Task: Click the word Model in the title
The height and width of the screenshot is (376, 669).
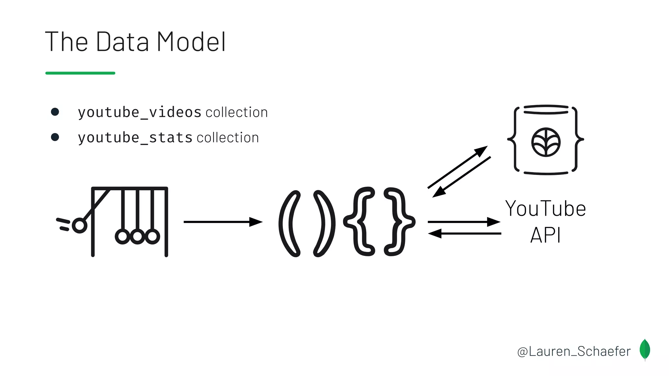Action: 191,42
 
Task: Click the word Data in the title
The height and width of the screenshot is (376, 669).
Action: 122,42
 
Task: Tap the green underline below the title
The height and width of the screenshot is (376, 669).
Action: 80,73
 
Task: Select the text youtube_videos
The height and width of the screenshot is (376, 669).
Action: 139,113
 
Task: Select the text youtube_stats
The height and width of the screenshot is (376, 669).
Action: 135,138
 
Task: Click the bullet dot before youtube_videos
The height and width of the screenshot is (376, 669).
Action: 55,112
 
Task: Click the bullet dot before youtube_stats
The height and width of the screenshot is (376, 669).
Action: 55,137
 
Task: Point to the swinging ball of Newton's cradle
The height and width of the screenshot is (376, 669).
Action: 79,226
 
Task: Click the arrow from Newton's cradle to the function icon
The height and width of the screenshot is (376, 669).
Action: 223,222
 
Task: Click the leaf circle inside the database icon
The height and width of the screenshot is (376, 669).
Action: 546,142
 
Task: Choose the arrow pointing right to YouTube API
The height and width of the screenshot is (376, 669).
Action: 464,222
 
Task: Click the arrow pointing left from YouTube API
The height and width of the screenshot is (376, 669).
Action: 464,233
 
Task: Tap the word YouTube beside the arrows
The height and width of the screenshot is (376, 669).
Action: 546,209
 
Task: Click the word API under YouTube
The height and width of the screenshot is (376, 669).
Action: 546,235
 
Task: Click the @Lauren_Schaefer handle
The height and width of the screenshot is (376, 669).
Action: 574,352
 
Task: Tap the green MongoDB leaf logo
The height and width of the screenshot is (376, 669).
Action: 645,350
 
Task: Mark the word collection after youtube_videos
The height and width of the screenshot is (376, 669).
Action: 237,113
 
